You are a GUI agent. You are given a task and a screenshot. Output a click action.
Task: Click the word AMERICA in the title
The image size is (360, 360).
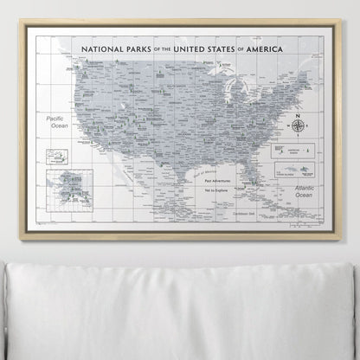[x=283, y=50]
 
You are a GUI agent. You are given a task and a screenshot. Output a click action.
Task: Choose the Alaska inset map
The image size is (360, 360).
[x=70, y=190]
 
